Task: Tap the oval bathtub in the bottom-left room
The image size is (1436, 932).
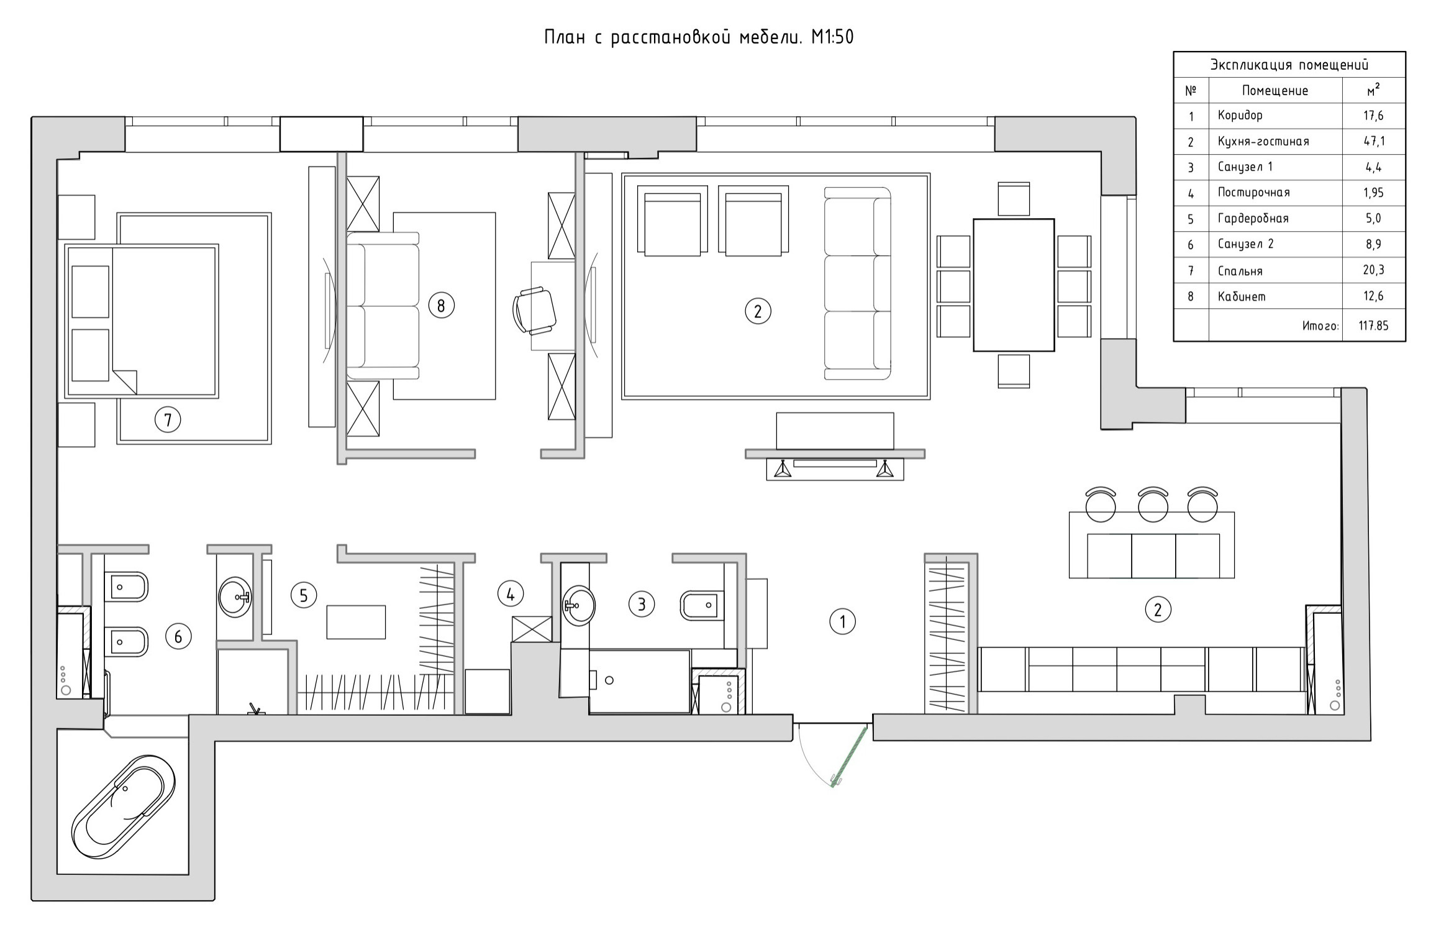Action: (x=123, y=807)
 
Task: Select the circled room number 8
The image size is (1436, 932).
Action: (x=441, y=305)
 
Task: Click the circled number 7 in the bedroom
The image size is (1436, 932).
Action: (x=167, y=420)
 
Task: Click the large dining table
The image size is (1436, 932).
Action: (x=1013, y=285)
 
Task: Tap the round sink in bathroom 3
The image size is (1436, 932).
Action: (x=579, y=603)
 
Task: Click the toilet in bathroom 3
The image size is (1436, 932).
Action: (x=701, y=605)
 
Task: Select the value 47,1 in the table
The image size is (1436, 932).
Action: (x=1373, y=141)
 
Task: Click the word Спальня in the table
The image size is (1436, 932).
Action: (x=1240, y=271)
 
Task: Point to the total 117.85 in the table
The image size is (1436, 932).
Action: (x=1373, y=326)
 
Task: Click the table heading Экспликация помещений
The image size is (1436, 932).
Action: (x=1289, y=65)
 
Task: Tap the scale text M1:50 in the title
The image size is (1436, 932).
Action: (x=832, y=37)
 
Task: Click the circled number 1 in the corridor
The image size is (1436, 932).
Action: (x=842, y=621)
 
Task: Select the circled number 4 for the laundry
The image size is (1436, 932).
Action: (x=510, y=594)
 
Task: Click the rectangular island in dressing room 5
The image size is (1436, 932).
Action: (x=356, y=621)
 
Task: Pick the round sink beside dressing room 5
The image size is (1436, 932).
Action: (x=235, y=597)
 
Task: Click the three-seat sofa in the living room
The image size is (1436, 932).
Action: (x=857, y=283)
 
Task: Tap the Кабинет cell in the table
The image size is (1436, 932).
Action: (x=1242, y=296)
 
